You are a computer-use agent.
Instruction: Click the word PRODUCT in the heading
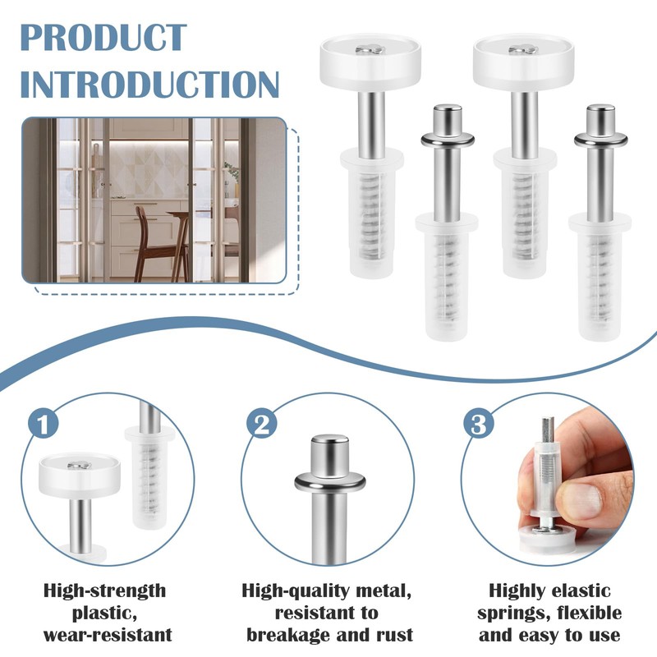coord(103,39)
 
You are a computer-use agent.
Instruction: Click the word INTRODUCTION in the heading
coord(149,84)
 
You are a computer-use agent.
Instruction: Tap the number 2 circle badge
coord(261,424)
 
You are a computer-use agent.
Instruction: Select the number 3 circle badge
coord(479,424)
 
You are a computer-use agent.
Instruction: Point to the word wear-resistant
coord(107,635)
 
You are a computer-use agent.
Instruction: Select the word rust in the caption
coord(392,635)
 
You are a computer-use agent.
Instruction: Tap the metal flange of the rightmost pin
coord(600,137)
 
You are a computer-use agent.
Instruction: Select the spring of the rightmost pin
coord(600,279)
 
